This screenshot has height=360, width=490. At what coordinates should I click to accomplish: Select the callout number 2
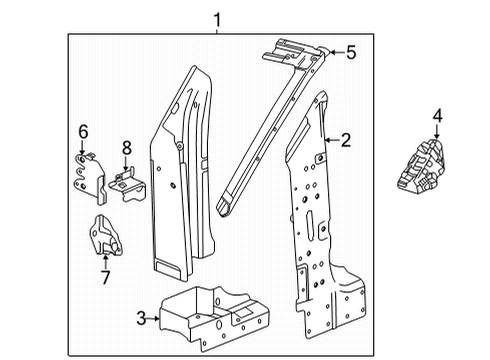[x=346, y=141]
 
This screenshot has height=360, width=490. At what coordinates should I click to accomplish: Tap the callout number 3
[x=142, y=318]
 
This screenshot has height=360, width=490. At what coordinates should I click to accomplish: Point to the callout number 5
[x=351, y=53]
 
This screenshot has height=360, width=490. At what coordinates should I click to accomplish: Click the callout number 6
[x=83, y=131]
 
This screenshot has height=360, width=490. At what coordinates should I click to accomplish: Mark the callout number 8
[x=126, y=148]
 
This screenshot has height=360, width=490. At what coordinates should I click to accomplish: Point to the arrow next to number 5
[x=334, y=53]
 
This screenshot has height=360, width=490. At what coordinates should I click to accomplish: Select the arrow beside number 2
[x=329, y=141]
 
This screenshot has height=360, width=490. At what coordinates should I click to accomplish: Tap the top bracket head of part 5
[x=296, y=50]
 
